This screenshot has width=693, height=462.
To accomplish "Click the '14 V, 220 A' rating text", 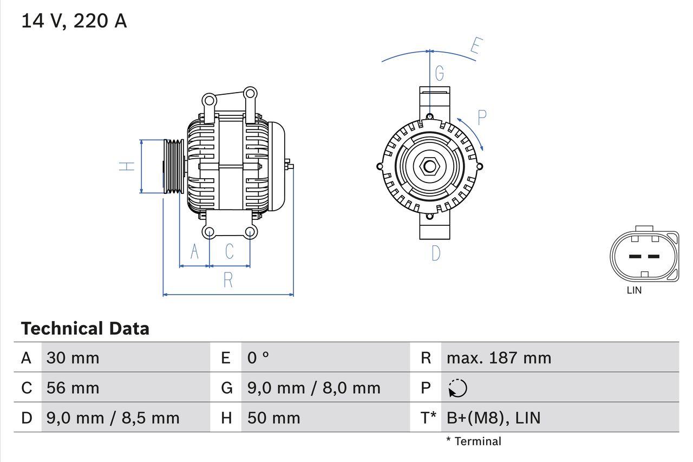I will coord(74,21).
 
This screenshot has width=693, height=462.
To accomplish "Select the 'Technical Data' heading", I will coord(85,328).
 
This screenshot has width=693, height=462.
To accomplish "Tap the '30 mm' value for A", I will coord(73,357).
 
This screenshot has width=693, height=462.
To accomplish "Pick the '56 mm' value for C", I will coord(73,388).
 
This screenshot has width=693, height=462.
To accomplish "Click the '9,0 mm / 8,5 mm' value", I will coord(113,418).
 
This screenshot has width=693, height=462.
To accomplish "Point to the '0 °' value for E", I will coord(258,357).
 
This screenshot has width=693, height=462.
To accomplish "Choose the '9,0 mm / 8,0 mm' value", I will coord(313,388).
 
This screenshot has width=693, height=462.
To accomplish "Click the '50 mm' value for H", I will coord(273,418).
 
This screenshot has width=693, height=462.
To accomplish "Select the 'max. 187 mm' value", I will coord(499,357).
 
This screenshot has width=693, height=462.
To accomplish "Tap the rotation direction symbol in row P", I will coord(457,388).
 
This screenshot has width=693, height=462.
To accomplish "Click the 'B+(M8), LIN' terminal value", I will coord(493,418).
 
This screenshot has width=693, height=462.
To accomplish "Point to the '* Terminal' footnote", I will coord(474,441).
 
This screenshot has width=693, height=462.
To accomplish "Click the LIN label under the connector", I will coord(634,290).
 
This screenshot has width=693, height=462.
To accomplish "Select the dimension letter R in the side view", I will coord(228,280).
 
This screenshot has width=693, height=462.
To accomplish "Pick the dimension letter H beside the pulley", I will coord(127,166).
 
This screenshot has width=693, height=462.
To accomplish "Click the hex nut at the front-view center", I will coord(429,166).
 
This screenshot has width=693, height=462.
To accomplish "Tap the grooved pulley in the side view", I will coord(174,166).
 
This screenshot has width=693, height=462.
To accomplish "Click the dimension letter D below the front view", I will coord(436,253).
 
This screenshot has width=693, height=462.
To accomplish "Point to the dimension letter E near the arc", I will coord(475,47).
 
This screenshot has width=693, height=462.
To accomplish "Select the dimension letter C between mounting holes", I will coord(229,251).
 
